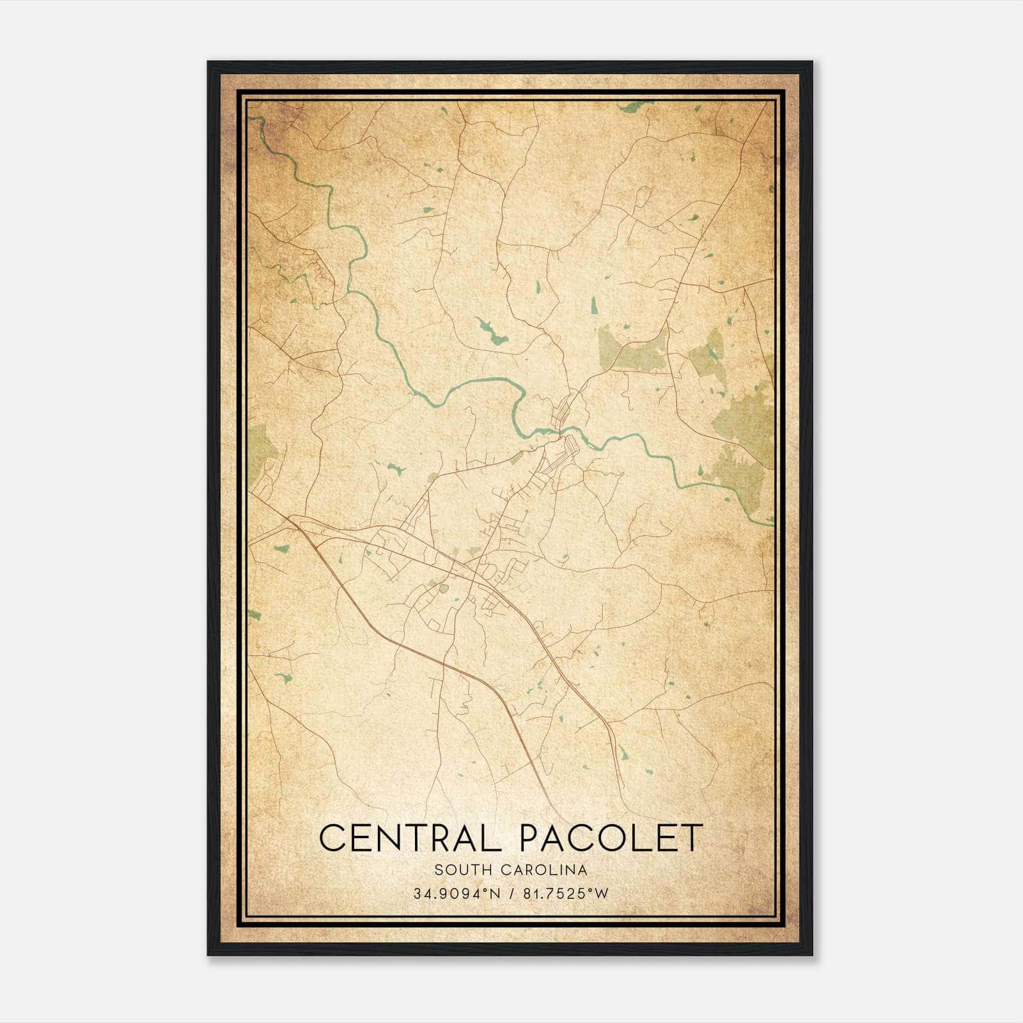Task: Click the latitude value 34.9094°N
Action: pos(457,894)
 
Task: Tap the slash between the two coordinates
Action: pos(511,894)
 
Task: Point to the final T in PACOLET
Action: pos(692,838)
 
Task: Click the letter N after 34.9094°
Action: pos(492,894)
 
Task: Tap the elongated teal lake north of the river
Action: pos(490,331)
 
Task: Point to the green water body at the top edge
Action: pos(636,106)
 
